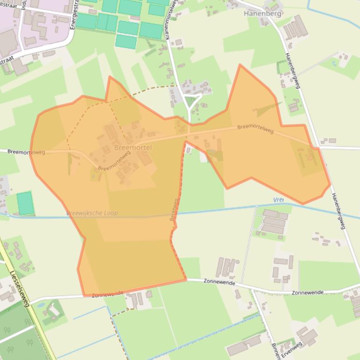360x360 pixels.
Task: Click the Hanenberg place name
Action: click(263, 14)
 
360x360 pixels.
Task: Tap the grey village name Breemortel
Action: click(133, 148)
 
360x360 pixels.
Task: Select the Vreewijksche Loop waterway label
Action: click(92, 213)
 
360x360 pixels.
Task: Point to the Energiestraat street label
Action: click(73, 15)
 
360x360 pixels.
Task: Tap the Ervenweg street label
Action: click(292, 350)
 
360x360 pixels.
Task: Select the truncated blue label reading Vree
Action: click(279, 200)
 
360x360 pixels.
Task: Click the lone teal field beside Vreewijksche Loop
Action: click(25, 203)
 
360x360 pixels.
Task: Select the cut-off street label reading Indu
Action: click(24, 6)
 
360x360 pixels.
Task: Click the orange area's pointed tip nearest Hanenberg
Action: click(240, 65)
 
